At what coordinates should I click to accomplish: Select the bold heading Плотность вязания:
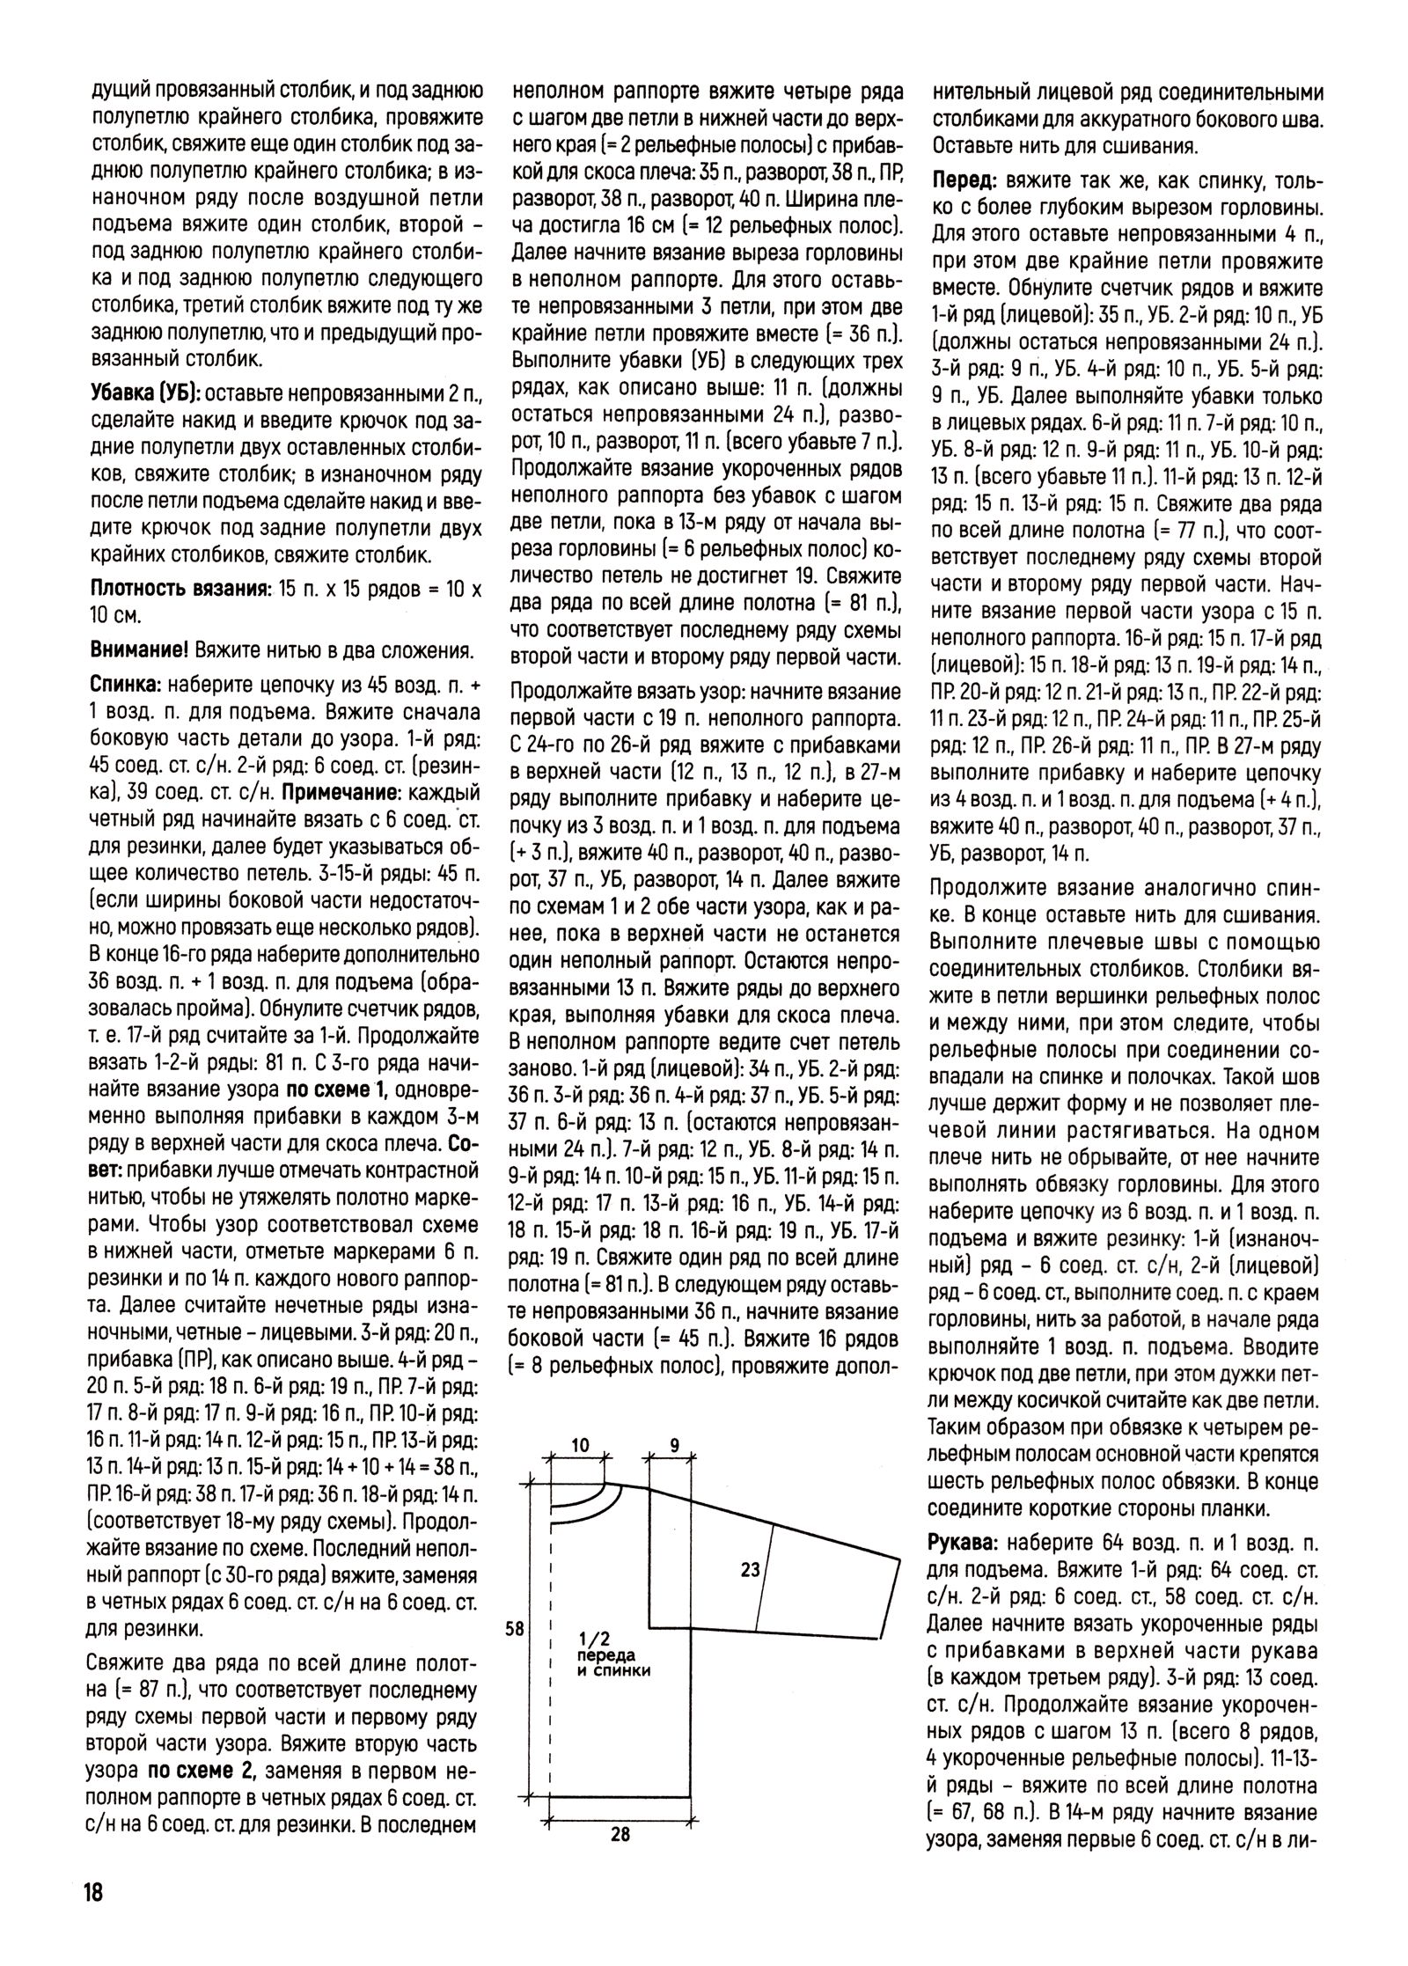pyautogui.click(x=180, y=590)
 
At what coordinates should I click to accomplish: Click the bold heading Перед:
pyautogui.click(x=965, y=181)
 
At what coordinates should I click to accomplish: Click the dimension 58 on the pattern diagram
pyautogui.click(x=516, y=1629)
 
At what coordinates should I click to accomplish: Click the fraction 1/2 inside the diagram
pyautogui.click(x=595, y=1640)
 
